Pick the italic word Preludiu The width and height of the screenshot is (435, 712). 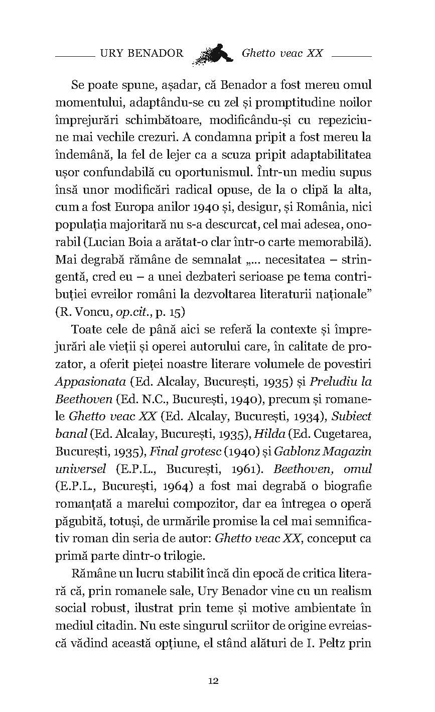pos(334,381)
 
